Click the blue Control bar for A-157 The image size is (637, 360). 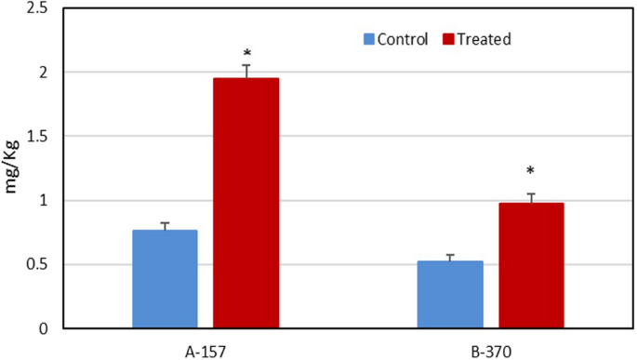[x=165, y=279]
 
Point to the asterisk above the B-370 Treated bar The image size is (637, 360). [x=531, y=172]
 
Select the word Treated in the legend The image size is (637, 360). [x=484, y=39]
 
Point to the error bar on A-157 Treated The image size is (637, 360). [x=246, y=71]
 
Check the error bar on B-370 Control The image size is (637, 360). [x=449, y=258]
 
